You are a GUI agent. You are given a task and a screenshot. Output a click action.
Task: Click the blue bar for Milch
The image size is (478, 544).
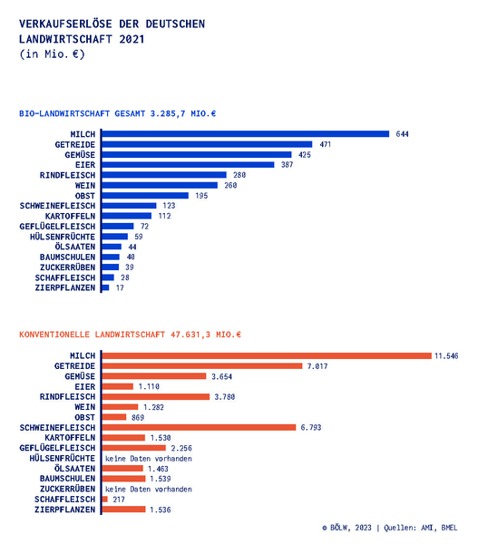pos(246,134)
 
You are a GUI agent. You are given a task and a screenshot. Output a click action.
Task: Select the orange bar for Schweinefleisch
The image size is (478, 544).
pos(199,427)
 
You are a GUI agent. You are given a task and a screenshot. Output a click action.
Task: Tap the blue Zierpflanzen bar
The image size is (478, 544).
pos(105,287)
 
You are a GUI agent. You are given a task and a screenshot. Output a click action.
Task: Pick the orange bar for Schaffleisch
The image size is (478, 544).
pos(105,499)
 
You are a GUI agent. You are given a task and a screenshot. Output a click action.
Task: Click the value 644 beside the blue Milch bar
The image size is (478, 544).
pos(402,134)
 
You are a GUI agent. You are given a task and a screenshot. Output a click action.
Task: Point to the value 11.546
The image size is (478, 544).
pos(446,356)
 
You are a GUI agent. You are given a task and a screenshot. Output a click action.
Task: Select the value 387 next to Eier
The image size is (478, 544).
pos(288,164)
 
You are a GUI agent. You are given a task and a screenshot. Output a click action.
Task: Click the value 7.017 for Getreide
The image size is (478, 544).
pos(317,366)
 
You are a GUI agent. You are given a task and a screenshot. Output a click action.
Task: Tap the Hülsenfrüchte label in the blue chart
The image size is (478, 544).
pos(63,237)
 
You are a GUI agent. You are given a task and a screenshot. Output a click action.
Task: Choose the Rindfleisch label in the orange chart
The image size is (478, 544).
pos(67,396)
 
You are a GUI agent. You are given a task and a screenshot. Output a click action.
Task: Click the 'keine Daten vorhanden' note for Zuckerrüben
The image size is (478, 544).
pos(149,490)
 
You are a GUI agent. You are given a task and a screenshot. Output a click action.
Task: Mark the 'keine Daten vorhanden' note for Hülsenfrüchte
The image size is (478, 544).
pos(149,459)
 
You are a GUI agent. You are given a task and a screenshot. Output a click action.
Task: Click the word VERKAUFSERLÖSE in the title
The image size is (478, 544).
pos(65,24)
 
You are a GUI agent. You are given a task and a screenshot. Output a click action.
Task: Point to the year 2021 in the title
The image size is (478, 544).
pos(132,39)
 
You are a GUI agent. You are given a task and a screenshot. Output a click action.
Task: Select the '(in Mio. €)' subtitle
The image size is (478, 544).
pos(52,54)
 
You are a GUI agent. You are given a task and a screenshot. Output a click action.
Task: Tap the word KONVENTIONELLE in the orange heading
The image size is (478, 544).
pos(54,335)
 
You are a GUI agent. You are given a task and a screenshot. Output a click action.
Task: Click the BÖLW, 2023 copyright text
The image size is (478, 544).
pos(346,528)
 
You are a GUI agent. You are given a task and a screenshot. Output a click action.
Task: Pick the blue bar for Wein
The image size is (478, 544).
pos(160,185)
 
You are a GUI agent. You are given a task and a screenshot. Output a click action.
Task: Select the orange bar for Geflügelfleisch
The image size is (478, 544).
pos(134,448)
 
